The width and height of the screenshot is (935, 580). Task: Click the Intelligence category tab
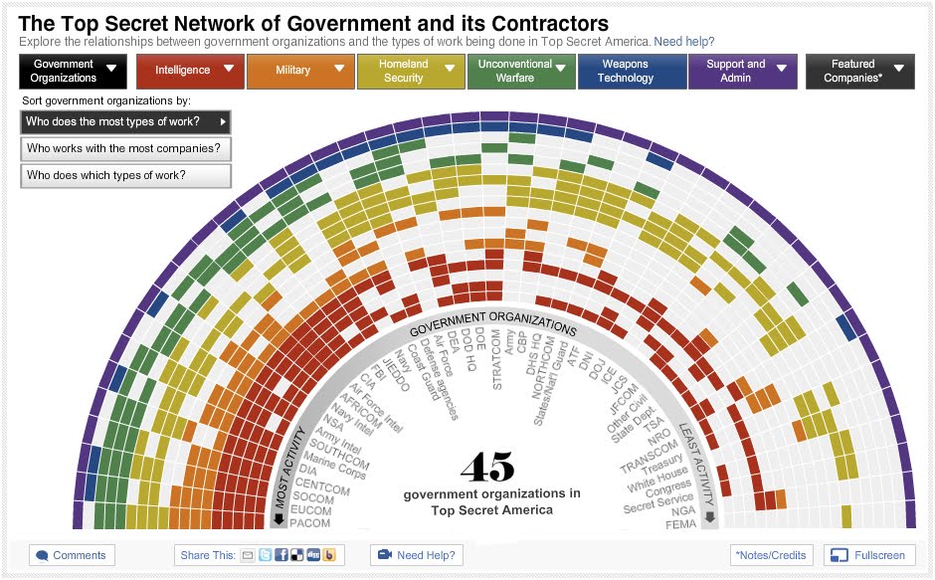(x=190, y=71)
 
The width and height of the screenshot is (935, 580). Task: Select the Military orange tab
(x=300, y=71)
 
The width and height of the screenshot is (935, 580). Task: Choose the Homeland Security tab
(x=411, y=71)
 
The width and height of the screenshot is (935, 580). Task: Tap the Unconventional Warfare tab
(x=521, y=71)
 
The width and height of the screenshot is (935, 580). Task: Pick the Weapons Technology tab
(x=632, y=71)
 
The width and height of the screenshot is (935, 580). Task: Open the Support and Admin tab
(x=742, y=71)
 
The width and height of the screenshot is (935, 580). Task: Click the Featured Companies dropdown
(x=859, y=71)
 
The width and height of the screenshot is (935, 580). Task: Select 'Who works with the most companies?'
(x=124, y=149)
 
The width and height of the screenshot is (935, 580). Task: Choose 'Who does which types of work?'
(x=124, y=176)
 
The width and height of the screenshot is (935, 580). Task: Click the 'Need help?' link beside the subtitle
(x=683, y=42)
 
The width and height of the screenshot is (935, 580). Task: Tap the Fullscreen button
(x=869, y=555)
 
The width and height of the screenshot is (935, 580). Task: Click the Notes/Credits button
(x=772, y=555)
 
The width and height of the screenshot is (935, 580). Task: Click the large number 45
(x=487, y=467)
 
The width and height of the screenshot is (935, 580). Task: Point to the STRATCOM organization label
(x=497, y=359)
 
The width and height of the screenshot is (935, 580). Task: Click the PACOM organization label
(x=309, y=523)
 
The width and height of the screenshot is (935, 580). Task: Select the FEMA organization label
(x=681, y=523)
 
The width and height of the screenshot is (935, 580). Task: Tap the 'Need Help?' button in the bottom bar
(x=416, y=555)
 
